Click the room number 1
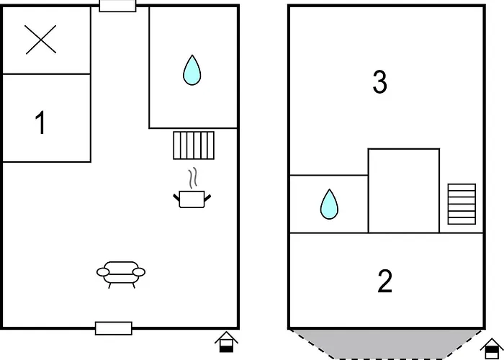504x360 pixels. click(40, 122)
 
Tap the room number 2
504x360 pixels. click(384, 282)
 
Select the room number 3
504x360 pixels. click(379, 82)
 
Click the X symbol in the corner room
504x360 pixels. click(41, 40)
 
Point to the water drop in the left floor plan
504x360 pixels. click(192, 71)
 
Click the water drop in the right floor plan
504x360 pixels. click(329, 204)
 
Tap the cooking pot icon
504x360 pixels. click(192, 199)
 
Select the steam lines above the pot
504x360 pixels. click(192, 178)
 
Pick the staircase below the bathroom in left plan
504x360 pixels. click(194, 145)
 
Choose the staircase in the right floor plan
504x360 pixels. click(462, 204)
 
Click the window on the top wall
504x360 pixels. click(117, 6)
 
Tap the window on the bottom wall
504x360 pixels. click(114, 328)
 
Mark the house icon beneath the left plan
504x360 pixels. click(226, 342)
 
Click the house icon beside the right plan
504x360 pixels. click(492, 348)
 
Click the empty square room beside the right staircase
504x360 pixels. click(404, 191)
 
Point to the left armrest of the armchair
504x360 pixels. click(103, 272)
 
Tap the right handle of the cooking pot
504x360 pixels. click(207, 197)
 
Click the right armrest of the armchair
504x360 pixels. click(139, 272)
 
